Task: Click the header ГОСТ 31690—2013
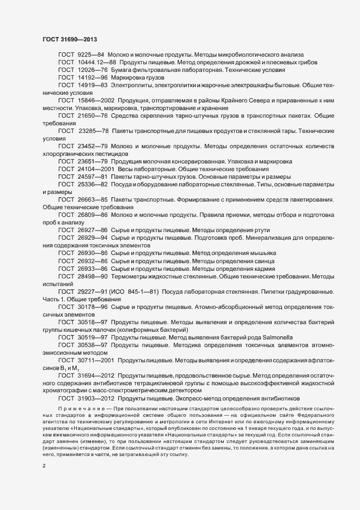(70, 39)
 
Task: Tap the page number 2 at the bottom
(44, 451)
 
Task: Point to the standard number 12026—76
(93, 70)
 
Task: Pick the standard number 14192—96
(93, 78)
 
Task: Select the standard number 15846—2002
(96, 101)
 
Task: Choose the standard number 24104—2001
(96, 169)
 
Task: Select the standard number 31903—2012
(96, 398)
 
